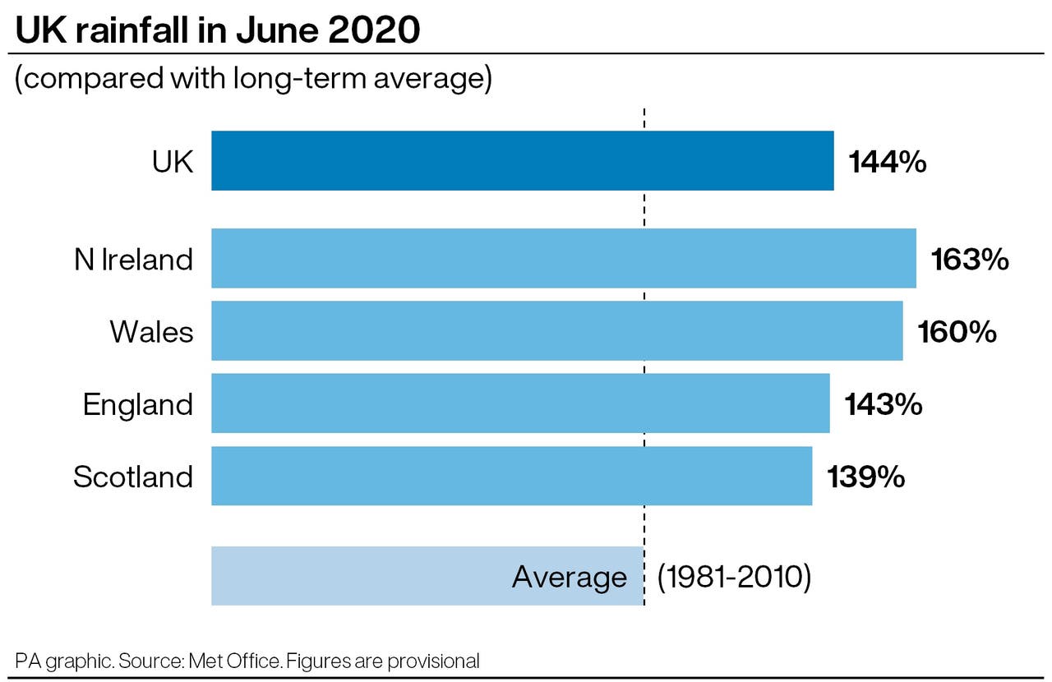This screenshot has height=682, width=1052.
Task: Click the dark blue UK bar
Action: [522, 161]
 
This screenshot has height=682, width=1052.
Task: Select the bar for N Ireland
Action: [563, 259]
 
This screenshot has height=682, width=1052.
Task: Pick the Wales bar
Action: [556, 331]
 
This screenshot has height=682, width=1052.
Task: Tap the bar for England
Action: [520, 403]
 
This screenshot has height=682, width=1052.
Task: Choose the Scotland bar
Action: [511, 476]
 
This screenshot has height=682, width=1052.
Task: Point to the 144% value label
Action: [888, 162]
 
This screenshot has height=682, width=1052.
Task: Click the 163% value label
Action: [970, 260]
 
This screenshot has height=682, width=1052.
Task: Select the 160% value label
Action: [957, 332]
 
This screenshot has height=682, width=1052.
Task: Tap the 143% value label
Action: [884, 404]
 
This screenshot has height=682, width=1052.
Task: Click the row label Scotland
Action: [133, 477]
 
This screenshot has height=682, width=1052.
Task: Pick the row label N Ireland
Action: [133, 260]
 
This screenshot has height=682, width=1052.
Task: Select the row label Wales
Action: [152, 332]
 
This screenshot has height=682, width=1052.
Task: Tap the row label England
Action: [138, 404]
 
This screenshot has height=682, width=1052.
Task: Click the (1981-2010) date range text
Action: [734, 577]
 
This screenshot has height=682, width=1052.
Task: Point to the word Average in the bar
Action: [569, 577]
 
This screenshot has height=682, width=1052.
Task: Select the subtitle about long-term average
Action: [253, 80]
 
